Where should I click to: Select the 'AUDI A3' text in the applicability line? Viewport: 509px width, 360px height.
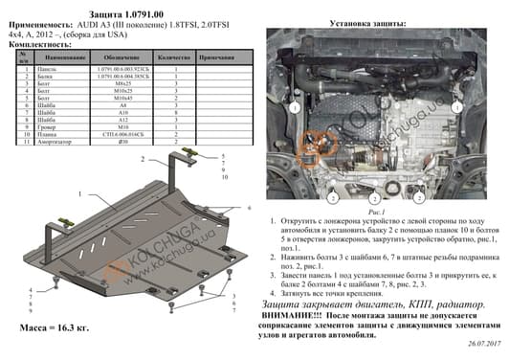[x=102, y=20]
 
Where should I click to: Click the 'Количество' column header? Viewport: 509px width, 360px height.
[x=175, y=59]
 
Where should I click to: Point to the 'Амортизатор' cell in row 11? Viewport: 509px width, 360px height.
[x=53, y=137]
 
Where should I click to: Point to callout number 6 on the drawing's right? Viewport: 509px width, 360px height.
[x=247, y=207]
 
